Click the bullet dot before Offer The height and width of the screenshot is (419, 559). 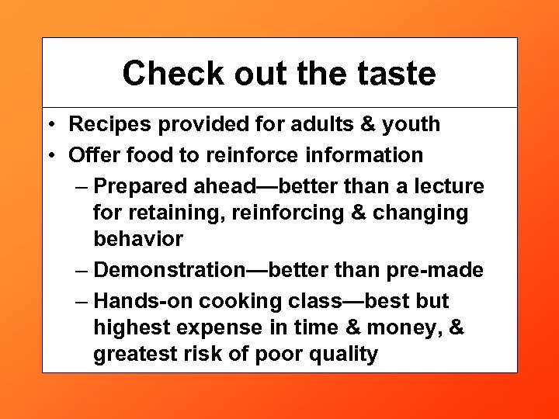tap(49, 155)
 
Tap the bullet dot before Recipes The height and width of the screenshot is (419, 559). tap(49, 124)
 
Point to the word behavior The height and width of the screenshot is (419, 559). tap(138, 238)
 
